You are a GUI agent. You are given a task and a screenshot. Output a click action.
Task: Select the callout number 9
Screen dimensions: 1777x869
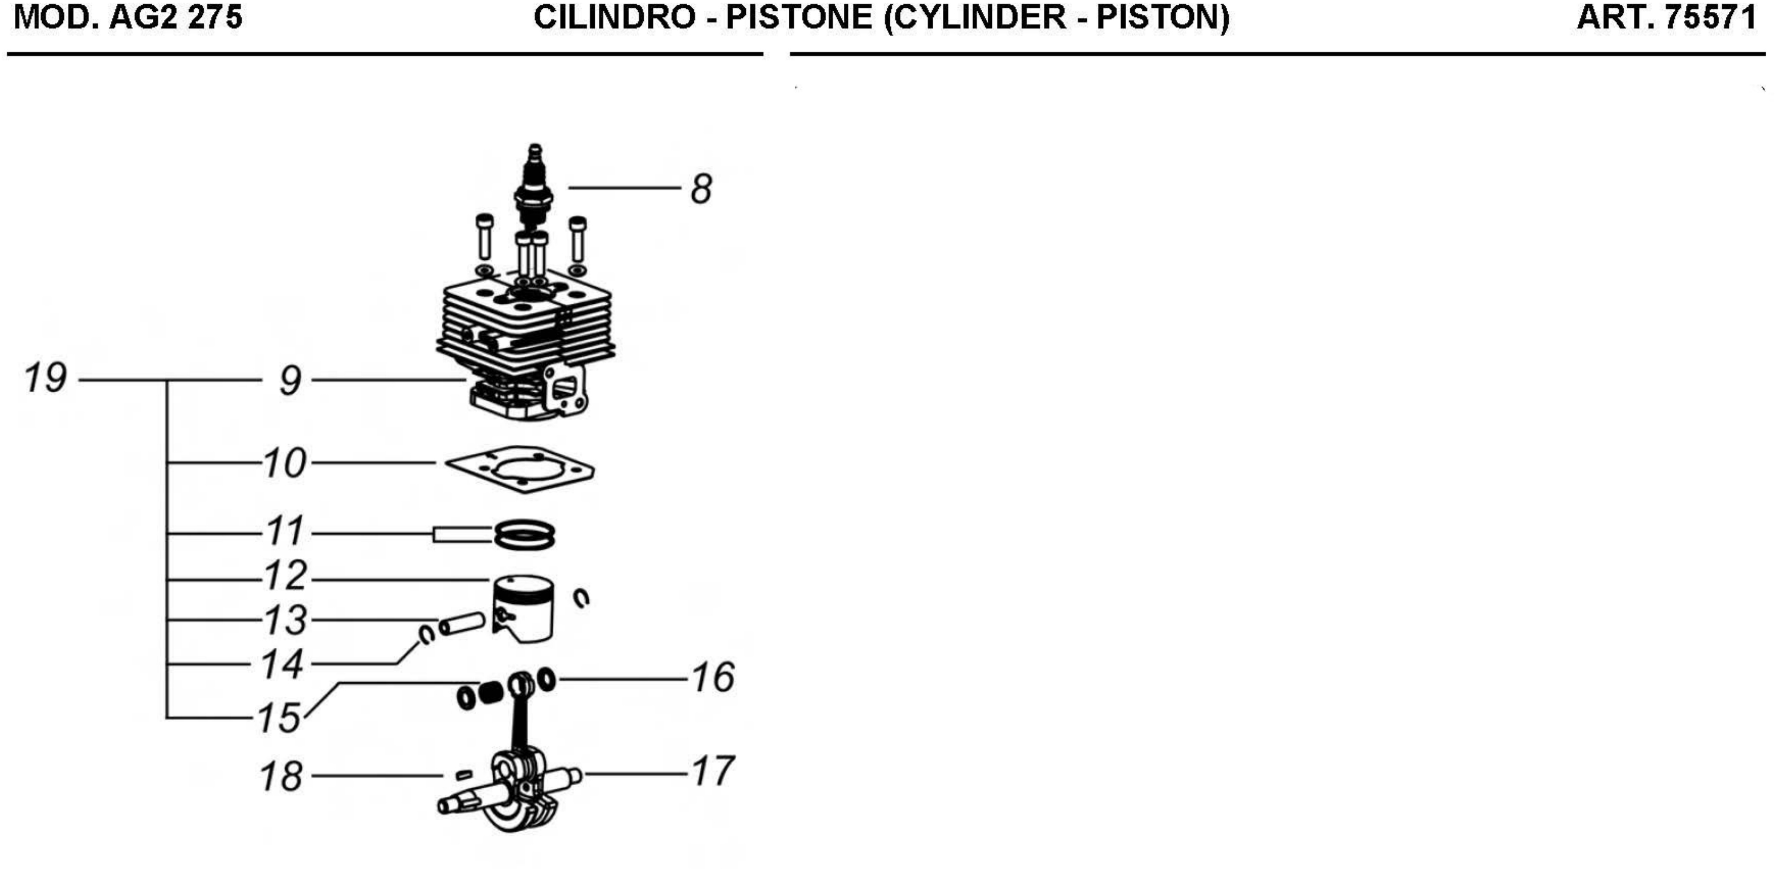pos(290,381)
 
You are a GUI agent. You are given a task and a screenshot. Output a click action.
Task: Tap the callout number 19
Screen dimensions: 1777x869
pos(46,378)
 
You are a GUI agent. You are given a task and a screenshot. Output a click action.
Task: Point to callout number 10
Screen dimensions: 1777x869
pos(284,463)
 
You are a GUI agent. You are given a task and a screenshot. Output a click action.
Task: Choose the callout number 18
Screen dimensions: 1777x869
pos(281,777)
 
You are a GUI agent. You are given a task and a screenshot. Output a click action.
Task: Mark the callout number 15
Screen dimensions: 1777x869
pos(279,718)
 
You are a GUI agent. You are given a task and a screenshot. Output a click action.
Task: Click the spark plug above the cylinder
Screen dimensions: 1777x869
pos(534,186)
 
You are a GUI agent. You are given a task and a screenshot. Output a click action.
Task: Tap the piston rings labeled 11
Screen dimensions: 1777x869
pos(524,535)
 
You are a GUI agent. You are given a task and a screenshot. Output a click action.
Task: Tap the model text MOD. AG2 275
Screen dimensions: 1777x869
pos(128,17)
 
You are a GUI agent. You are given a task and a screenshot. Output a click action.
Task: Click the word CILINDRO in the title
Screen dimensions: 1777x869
pos(614,17)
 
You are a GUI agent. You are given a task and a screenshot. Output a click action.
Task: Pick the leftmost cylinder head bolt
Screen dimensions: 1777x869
pos(484,238)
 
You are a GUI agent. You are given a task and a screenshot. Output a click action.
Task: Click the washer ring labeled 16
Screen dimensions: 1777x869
pos(546,680)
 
